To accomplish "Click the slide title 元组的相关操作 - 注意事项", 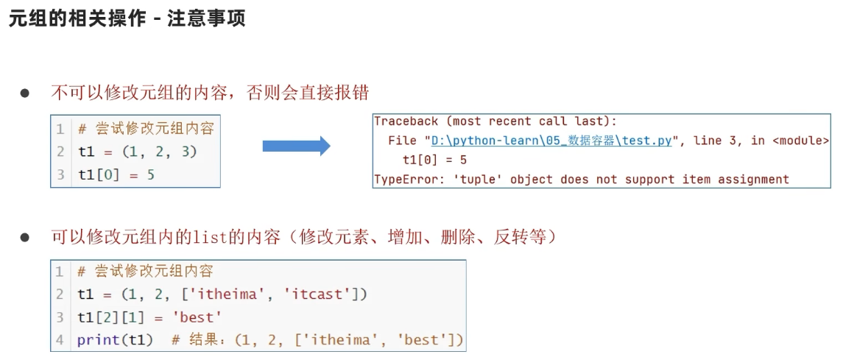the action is (127, 18).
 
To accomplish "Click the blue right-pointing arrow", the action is (296, 146).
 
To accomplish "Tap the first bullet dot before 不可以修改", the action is (24, 93).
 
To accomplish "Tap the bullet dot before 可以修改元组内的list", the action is (24, 238).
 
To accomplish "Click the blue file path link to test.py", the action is (552, 141).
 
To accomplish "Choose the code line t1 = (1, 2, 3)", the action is (138, 152).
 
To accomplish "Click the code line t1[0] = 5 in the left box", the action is (116, 175).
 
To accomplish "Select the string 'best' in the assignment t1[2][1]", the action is (200, 317).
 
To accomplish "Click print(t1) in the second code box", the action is (115, 340).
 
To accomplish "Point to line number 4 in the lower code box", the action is (60, 340).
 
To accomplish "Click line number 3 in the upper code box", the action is (60, 175).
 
